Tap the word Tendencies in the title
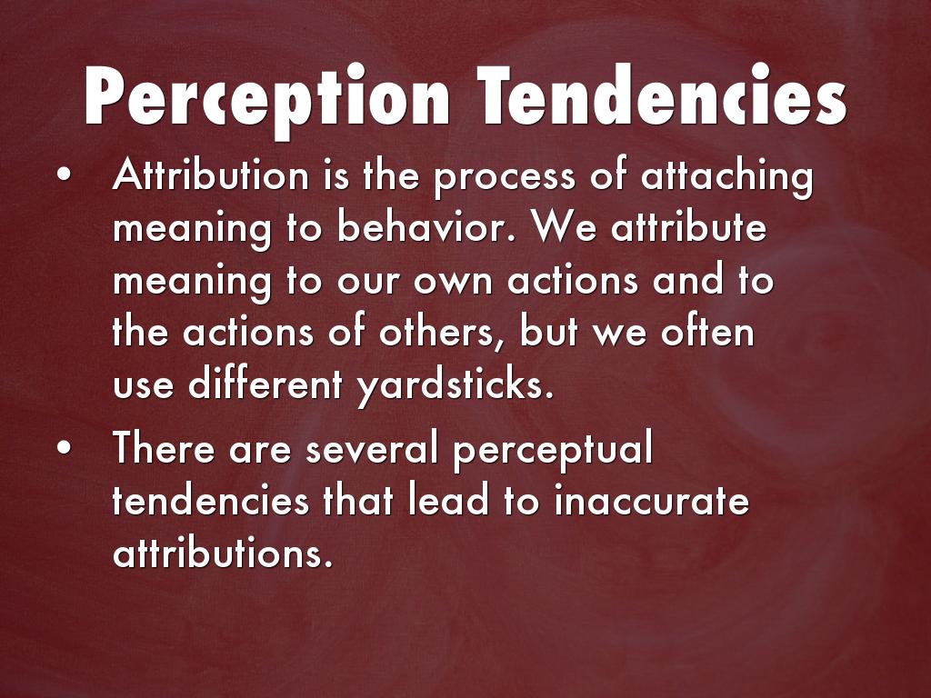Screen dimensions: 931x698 (662, 95)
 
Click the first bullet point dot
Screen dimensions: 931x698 (65, 175)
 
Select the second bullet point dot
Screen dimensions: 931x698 (65, 448)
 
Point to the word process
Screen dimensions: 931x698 (505, 179)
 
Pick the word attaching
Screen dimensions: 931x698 (726, 178)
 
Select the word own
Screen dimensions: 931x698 (453, 282)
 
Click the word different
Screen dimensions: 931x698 (265, 384)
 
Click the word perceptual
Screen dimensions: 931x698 (553, 451)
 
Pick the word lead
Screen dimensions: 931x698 (448, 500)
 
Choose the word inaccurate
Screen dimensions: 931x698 (651, 500)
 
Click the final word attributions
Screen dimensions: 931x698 (223, 552)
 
